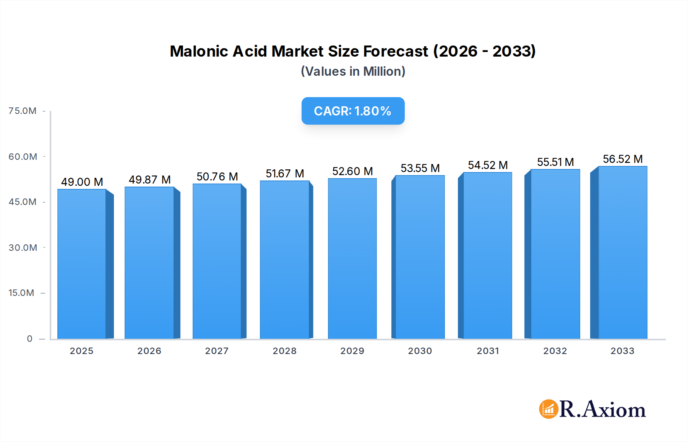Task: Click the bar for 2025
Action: (x=81, y=264)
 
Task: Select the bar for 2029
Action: (x=352, y=258)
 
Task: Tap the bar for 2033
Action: (x=623, y=252)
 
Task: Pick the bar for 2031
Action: (x=487, y=255)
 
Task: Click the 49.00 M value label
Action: (x=82, y=182)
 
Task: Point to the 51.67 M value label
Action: (x=285, y=174)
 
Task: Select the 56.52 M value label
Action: (x=623, y=159)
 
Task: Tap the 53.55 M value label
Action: (x=420, y=168)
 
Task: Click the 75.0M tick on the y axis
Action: (x=23, y=111)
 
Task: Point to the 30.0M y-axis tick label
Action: (x=23, y=248)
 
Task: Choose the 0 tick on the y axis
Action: (x=30, y=339)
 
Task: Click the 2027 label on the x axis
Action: (x=217, y=351)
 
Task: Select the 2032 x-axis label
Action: (x=555, y=351)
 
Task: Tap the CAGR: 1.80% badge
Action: (x=353, y=111)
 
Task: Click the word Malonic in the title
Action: (x=199, y=51)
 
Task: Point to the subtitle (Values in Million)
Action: (x=353, y=71)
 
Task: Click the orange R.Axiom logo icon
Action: (x=548, y=409)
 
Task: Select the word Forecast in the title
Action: (x=396, y=51)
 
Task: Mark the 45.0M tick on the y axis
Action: (x=23, y=202)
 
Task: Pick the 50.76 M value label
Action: (x=217, y=177)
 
